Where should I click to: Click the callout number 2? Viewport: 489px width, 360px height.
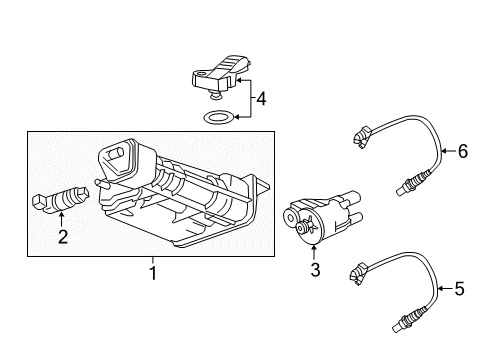click(x=63, y=237)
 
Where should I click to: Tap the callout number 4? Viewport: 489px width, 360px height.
click(x=261, y=100)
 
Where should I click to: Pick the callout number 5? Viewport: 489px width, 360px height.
click(x=460, y=289)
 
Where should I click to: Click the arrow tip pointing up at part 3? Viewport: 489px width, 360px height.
click(x=315, y=243)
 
